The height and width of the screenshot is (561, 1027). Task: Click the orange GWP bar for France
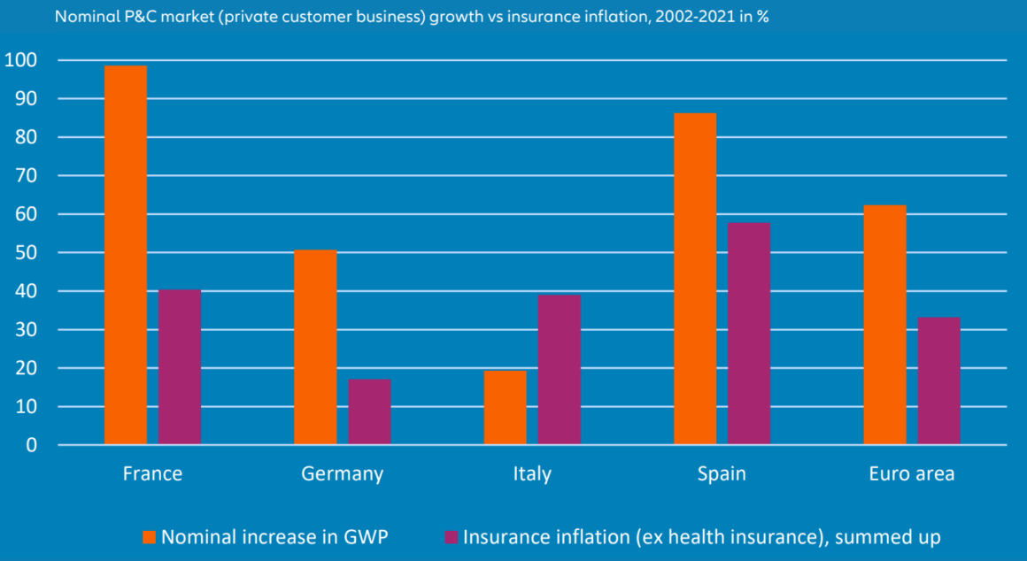[126, 255]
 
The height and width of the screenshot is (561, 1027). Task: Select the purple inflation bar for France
[180, 367]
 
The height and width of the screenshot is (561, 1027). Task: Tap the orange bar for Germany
[315, 347]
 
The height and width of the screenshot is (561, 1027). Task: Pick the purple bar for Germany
[369, 411]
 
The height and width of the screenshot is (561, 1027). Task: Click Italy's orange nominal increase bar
[505, 407]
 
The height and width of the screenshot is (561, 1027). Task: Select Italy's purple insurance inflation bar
[560, 370]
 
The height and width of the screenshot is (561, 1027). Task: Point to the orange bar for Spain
[695, 279]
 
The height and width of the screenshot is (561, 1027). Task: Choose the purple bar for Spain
[749, 334]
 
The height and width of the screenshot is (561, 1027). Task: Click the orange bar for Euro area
[884, 325]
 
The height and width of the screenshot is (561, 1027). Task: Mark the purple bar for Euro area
[938, 380]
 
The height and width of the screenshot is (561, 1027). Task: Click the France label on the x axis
[152, 473]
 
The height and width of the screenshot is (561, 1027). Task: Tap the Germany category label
[343, 473]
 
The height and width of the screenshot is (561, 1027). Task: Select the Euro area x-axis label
[912, 473]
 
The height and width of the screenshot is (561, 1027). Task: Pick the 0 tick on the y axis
[31, 445]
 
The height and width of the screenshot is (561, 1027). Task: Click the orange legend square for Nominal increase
[149, 536]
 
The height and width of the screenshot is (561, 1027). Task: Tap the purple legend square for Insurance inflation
[452, 536]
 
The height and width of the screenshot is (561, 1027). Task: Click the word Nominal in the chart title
[81, 17]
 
